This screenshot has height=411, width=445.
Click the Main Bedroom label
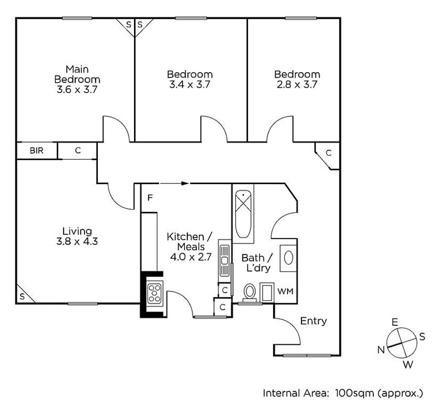[x=77, y=79]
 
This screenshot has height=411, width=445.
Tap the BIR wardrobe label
[x=36, y=151]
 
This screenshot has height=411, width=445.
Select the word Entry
[x=313, y=321]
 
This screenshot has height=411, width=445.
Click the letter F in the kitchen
[x=150, y=197]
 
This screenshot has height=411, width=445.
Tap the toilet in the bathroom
[x=250, y=293]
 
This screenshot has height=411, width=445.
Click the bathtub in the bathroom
[x=244, y=215]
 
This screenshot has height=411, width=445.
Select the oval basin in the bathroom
[x=289, y=258]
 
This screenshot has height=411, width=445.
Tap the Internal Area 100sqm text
[x=343, y=393]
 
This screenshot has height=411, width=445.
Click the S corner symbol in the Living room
[x=22, y=295]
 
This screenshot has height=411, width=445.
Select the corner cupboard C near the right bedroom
[x=328, y=152]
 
